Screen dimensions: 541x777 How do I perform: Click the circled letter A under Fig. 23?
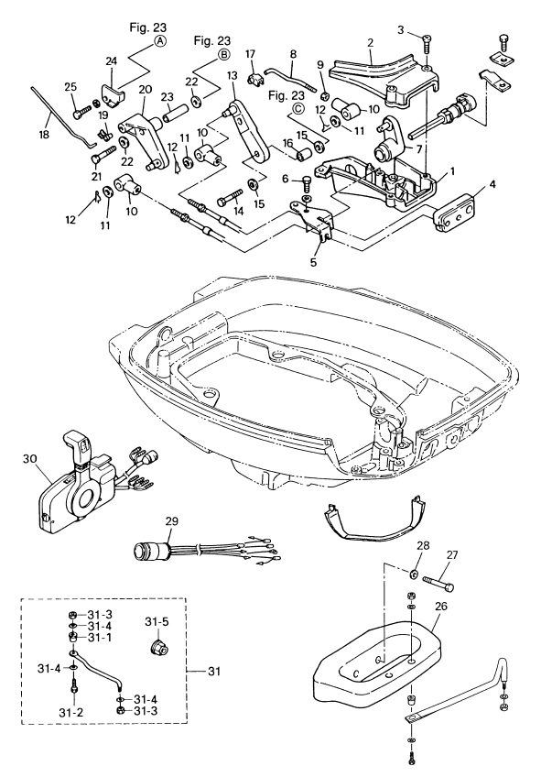click(x=159, y=41)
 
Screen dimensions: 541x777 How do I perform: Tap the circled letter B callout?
click(x=223, y=54)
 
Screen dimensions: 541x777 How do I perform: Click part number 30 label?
click(x=29, y=459)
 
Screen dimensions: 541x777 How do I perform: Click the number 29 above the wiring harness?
click(x=172, y=521)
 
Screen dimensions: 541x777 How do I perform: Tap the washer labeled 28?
click(x=412, y=575)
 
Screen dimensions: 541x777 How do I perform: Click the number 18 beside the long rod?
click(x=44, y=134)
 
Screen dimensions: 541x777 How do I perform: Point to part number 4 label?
click(x=492, y=185)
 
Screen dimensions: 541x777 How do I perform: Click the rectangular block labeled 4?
click(x=454, y=213)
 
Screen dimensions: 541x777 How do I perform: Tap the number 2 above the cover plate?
click(x=370, y=43)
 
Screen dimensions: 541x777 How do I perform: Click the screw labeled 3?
click(x=427, y=43)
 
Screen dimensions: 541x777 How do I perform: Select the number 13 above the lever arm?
click(x=233, y=75)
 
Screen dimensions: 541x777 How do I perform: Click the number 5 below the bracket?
click(x=313, y=262)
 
